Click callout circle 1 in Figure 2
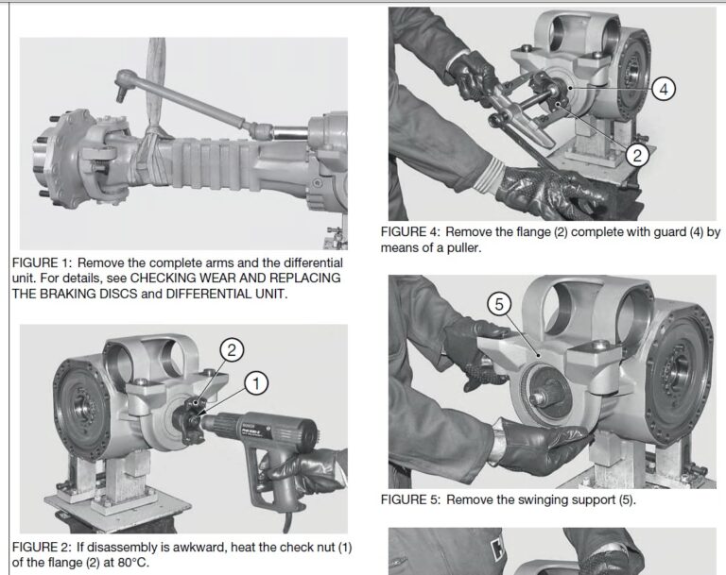pos(255,381)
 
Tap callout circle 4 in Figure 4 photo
pos(665,89)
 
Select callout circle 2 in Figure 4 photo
pos(637,156)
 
